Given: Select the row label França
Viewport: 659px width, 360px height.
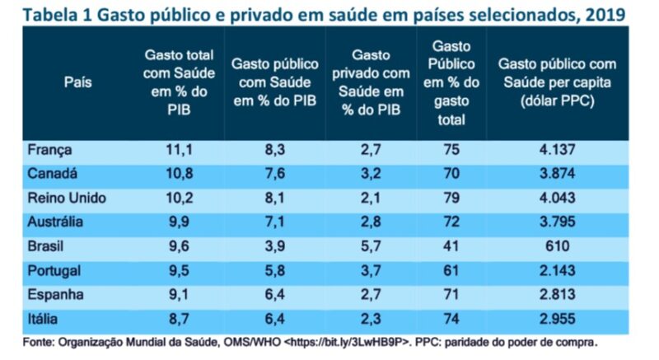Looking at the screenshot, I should (50, 151).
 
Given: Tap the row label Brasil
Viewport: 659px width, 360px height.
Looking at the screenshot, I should (46, 245).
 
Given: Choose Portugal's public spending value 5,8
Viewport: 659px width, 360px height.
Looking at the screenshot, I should (276, 269).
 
